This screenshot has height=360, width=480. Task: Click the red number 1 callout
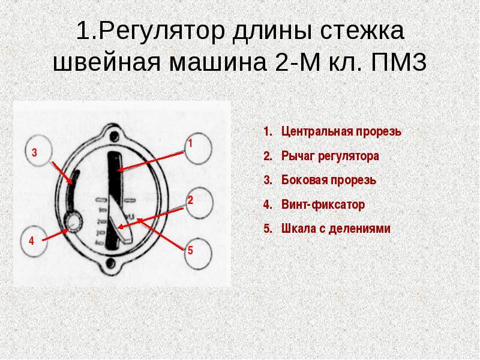[190, 144]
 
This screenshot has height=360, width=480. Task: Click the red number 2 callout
[190, 200]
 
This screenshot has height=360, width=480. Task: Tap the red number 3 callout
[35, 154]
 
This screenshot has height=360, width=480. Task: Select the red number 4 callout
[31, 240]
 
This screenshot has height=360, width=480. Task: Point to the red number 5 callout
[190, 250]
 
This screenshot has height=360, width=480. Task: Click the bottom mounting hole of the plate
[110, 262]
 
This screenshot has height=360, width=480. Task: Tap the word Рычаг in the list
[295, 156]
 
